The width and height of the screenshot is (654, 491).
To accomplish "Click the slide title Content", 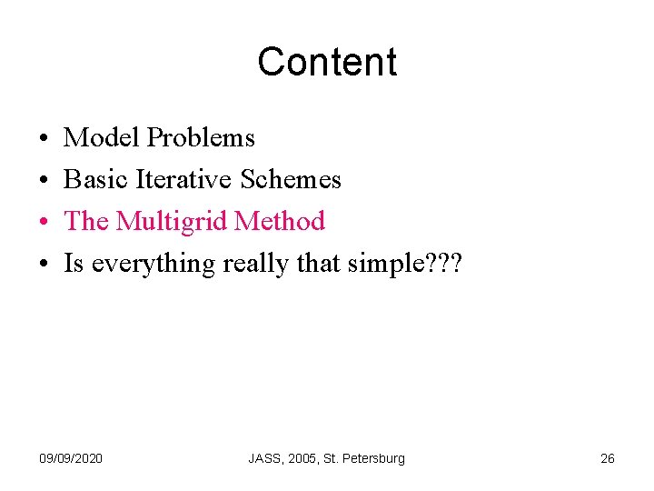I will (x=327, y=62).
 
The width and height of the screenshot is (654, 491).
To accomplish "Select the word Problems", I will (x=201, y=138).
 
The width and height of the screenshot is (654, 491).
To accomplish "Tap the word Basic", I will (x=95, y=180).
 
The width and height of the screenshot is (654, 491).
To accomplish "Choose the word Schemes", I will (x=291, y=180).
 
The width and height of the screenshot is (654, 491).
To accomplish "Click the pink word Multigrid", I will (x=172, y=221).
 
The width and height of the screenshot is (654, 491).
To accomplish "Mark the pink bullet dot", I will (x=44, y=222).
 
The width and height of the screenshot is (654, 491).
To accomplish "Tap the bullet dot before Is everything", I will (x=44, y=265).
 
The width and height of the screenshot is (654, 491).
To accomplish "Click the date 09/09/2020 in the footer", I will (x=72, y=458).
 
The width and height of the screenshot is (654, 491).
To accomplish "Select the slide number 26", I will (x=608, y=458).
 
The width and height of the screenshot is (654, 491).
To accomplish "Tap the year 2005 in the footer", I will (x=304, y=458).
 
